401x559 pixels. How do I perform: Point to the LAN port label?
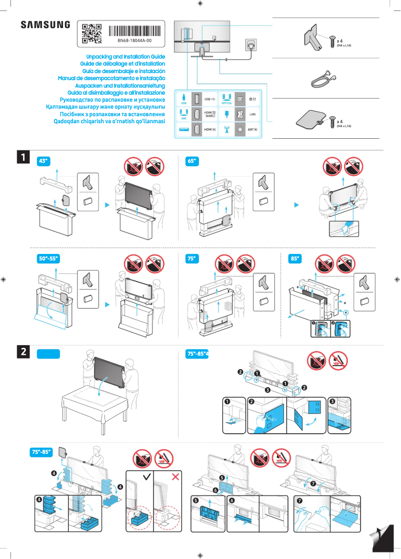tap(253, 115)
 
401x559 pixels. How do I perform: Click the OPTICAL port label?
tap(226, 103)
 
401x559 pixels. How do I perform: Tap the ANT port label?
tap(252, 130)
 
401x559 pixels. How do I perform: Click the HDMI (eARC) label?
tap(210, 115)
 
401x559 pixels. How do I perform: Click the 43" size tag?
tap(44, 161)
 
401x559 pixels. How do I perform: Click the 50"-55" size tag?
tap(49, 258)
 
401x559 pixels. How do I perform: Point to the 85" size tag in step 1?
tap(296, 258)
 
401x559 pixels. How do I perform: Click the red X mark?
tap(175, 477)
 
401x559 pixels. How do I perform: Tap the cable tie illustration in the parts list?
tap(320, 78)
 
